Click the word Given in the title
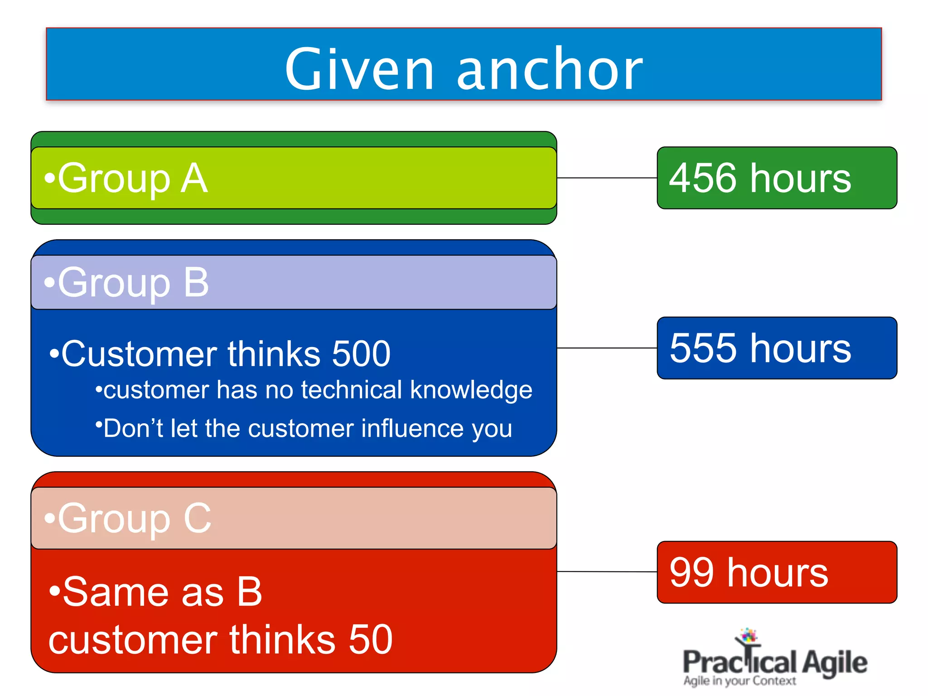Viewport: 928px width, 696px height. coord(359,69)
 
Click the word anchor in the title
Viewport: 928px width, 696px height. coord(549,69)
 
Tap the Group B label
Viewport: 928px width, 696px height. coord(127,283)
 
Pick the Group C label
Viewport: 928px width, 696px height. coord(128,518)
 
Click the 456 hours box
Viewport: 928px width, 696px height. coord(777,178)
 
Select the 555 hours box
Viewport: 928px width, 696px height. coord(777,348)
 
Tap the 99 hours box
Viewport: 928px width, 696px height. coord(777,572)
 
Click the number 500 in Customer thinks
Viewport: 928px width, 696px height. coord(361,354)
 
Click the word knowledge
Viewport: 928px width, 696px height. coord(471,391)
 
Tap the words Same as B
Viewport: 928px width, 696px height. coord(155,592)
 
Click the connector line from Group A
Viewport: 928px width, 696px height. coord(607,178)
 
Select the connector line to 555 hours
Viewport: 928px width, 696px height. coord(607,348)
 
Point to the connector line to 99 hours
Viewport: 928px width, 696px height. coord(607,572)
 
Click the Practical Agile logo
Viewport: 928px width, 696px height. coord(774,659)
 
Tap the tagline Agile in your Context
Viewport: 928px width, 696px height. coord(739,681)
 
